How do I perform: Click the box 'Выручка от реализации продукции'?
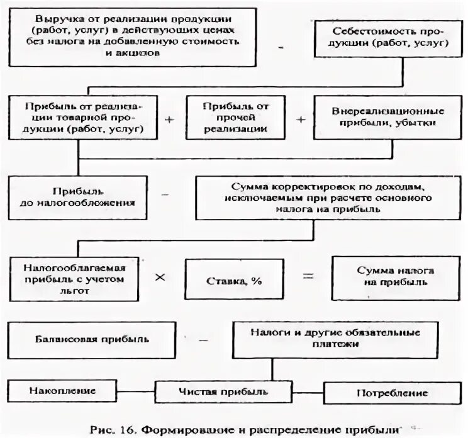pyautogui.click(x=132, y=36)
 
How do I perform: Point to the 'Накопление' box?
pyautogui.click(x=62, y=391)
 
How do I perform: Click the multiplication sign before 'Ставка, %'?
pyautogui.click(x=160, y=278)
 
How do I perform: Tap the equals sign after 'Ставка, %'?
pyautogui.click(x=306, y=276)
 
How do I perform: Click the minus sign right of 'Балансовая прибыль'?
pyautogui.click(x=203, y=339)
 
